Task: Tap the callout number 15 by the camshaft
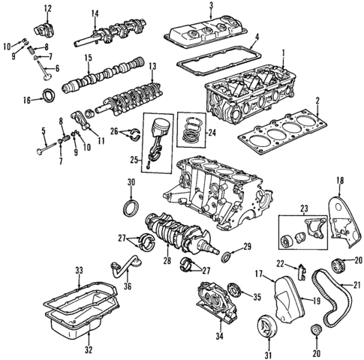88,58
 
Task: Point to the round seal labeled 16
50,96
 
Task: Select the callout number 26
115,131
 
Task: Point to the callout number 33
78,271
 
